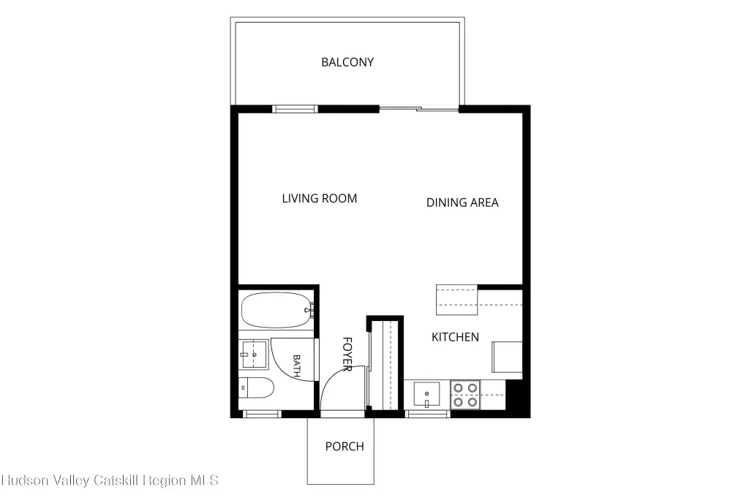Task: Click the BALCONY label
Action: click(347, 62)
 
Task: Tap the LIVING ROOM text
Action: click(319, 199)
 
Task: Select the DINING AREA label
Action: click(462, 203)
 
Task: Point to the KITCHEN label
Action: click(455, 337)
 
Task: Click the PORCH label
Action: click(345, 447)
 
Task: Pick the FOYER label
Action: click(347, 354)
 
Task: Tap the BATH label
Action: click(296, 366)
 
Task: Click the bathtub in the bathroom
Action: click(276, 310)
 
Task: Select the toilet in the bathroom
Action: click(256, 387)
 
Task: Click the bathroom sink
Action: click(254, 354)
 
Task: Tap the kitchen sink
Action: click(426, 394)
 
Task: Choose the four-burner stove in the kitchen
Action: click(465, 395)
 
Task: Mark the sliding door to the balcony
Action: click(419, 109)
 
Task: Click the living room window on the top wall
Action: click(295, 109)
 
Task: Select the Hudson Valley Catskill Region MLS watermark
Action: click(110, 480)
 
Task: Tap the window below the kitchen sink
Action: click(427, 415)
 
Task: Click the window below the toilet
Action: click(262, 415)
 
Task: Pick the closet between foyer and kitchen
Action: click(385, 365)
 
